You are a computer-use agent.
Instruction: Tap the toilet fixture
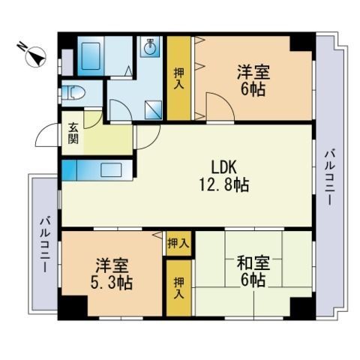76,94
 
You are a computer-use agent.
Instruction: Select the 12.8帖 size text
223,184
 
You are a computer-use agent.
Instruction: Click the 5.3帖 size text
113,283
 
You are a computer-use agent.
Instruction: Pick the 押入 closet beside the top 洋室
179,76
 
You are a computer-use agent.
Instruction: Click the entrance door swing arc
46,134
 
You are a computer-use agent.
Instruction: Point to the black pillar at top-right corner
301,42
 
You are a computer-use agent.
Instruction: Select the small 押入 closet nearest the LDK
178,243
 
